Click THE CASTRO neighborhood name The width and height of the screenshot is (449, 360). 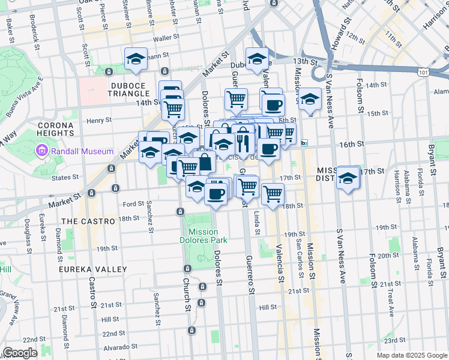(x=88, y=221)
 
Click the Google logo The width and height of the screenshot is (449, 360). (x=20, y=353)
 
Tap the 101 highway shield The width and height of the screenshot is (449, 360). (x=423, y=72)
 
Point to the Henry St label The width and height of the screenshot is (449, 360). (x=95, y=121)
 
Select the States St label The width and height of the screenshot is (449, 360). (x=66, y=177)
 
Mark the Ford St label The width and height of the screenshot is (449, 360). (x=133, y=203)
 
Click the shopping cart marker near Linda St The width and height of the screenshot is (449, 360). (x=273, y=194)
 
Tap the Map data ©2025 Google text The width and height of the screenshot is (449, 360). (x=412, y=355)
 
